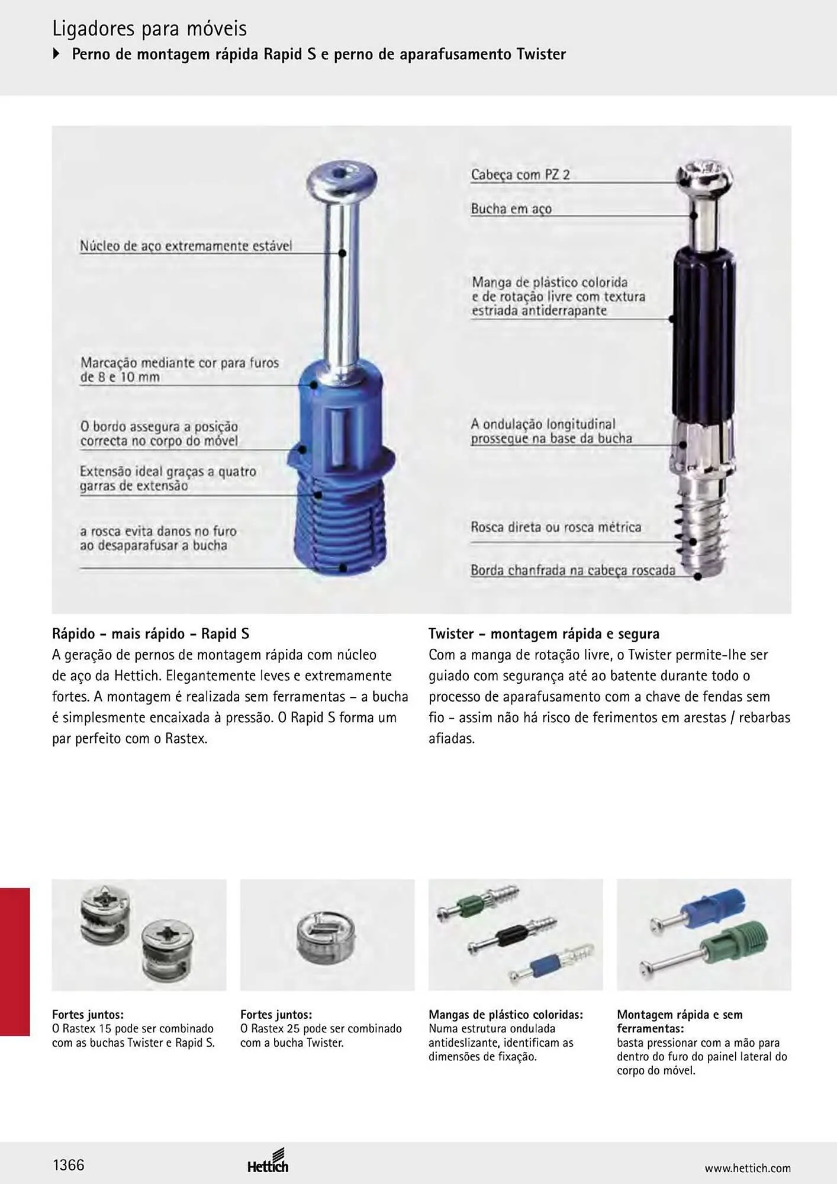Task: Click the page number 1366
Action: (x=69, y=1165)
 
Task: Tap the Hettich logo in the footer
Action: (x=268, y=1161)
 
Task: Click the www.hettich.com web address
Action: (x=748, y=1168)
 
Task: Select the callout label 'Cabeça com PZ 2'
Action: (x=520, y=175)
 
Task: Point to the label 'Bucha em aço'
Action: (x=511, y=209)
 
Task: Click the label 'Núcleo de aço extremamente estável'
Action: (x=186, y=246)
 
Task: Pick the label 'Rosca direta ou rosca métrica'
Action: (x=556, y=527)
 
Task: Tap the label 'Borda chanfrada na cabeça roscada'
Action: (x=573, y=570)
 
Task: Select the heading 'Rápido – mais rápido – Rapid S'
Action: (x=151, y=634)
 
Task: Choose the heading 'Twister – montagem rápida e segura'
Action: (x=544, y=634)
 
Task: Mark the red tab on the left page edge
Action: (x=15, y=963)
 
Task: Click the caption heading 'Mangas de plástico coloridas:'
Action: (x=506, y=1015)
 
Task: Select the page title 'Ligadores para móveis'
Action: (x=150, y=28)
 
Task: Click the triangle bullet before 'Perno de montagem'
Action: (x=57, y=54)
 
